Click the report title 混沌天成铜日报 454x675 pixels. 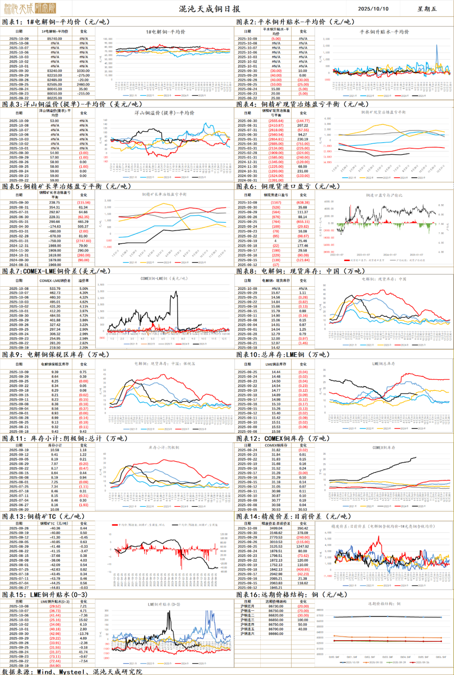[209, 9]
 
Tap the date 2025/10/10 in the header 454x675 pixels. [373, 9]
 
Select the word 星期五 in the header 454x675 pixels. [427, 9]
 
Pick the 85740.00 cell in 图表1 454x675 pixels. [55, 39]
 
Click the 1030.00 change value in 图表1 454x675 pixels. [84, 71]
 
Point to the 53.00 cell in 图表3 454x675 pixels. [55, 121]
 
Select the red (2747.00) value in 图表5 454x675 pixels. [84, 241]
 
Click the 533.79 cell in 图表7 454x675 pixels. [55, 289]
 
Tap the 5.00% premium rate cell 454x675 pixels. [84, 289]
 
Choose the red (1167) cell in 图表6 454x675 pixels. [276, 203]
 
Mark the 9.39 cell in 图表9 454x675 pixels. [55, 372]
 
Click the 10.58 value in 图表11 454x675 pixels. [55, 450]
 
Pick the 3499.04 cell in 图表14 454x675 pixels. [276, 528]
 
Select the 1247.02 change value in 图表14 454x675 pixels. [303, 546]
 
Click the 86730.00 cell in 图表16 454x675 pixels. [276, 606]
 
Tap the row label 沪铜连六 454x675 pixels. [248, 633]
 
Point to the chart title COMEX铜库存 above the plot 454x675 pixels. [384, 448]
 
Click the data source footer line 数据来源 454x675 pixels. [71, 671]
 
